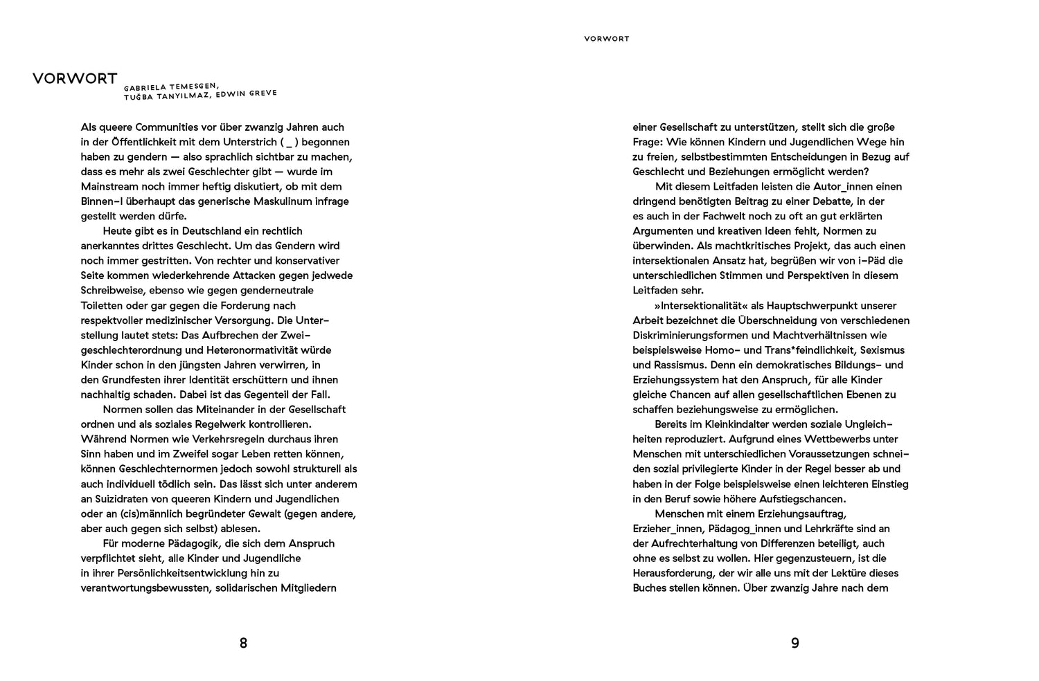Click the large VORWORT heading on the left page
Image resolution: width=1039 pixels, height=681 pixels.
pyautogui.click(x=75, y=78)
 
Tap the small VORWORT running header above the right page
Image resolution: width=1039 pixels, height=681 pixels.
pyautogui.click(x=606, y=39)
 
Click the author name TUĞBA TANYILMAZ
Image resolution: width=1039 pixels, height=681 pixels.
pyautogui.click(x=167, y=98)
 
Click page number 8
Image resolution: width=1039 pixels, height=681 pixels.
pyautogui.click(x=243, y=643)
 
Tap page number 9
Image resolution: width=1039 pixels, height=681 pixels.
pyautogui.click(x=795, y=643)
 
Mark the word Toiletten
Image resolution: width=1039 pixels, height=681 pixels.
pyautogui.click(x=104, y=305)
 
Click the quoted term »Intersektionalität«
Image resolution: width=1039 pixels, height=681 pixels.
pyautogui.click(x=705, y=305)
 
